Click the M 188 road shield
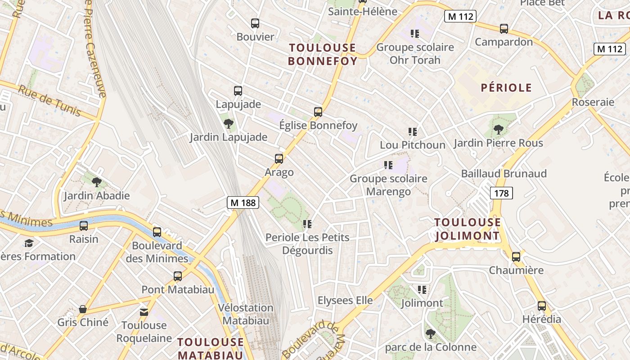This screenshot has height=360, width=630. tap(243, 203)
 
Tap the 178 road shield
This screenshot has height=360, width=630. tap(501, 193)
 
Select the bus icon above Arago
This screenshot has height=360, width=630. tap(279, 158)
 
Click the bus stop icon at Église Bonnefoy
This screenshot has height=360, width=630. tap(318, 112)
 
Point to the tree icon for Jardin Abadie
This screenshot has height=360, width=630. tap(96, 182)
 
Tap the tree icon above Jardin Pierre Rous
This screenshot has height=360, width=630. tap(498, 130)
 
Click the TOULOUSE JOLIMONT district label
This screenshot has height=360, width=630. tap(468, 229)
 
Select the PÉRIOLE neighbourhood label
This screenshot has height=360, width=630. tap(506, 88)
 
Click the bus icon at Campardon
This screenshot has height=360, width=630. tap(504, 29)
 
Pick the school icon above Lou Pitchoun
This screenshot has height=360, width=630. tap(413, 132)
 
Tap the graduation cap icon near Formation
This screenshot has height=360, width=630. tap(29, 243)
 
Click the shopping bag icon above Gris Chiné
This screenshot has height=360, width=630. tap(83, 309)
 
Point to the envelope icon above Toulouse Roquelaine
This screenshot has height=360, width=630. tap(144, 312)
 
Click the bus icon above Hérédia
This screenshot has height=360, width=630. tap(542, 306)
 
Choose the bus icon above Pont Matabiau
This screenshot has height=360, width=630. tap(178, 276)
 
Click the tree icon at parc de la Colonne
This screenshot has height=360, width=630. tap(431, 333)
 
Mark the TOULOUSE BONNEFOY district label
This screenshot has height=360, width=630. tap(323, 54)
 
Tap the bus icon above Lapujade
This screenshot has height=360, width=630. tap(238, 90)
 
